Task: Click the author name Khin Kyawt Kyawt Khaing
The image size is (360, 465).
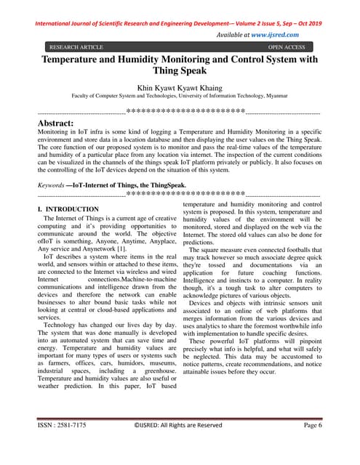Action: [x=179, y=85]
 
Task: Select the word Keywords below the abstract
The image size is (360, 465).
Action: [x=50, y=186]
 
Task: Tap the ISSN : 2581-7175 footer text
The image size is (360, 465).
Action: [x=65, y=445]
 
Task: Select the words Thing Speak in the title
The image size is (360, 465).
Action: [x=180, y=72]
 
